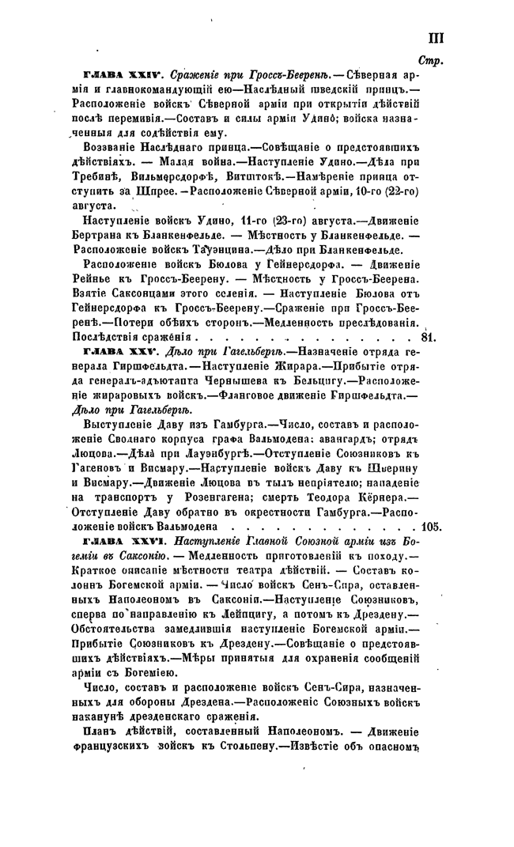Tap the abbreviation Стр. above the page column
click(432, 60)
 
